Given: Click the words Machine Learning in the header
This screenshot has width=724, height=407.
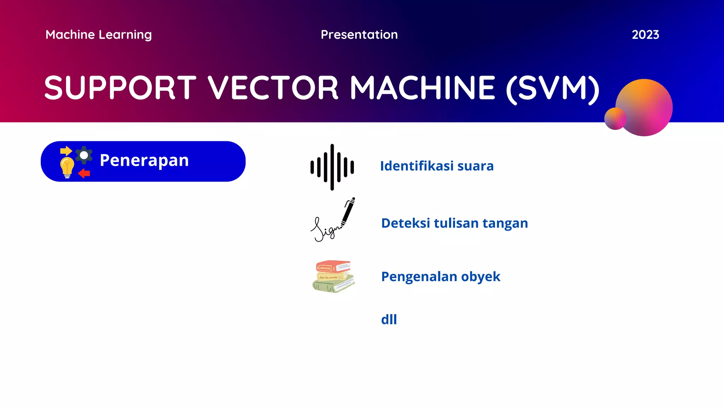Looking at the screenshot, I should (99, 35).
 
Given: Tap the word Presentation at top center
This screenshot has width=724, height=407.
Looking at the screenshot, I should (359, 35).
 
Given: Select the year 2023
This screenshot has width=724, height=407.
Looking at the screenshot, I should (645, 35).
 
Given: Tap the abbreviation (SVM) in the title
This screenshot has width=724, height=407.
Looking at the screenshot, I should (553, 88).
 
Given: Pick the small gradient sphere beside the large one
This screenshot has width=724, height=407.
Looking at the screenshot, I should (615, 119).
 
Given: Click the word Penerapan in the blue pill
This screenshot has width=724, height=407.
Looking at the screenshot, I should (144, 160).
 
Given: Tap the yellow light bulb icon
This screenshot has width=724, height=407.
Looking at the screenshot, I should (67, 167).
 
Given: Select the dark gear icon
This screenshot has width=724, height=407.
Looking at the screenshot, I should (84, 155).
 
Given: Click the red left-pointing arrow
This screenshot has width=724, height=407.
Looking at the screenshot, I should (84, 173).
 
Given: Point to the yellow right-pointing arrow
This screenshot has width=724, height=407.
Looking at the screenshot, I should (66, 151).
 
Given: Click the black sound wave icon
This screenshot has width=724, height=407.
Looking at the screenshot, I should (332, 167).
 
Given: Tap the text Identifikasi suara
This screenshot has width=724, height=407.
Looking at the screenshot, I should (437, 166).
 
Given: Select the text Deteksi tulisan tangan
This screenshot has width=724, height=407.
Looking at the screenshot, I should (454, 223).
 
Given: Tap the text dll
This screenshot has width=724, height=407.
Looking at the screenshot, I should (389, 319).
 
